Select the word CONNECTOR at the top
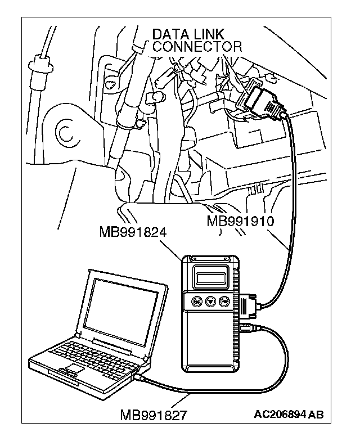197,47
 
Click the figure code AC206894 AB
289,415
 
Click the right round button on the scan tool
224,301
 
